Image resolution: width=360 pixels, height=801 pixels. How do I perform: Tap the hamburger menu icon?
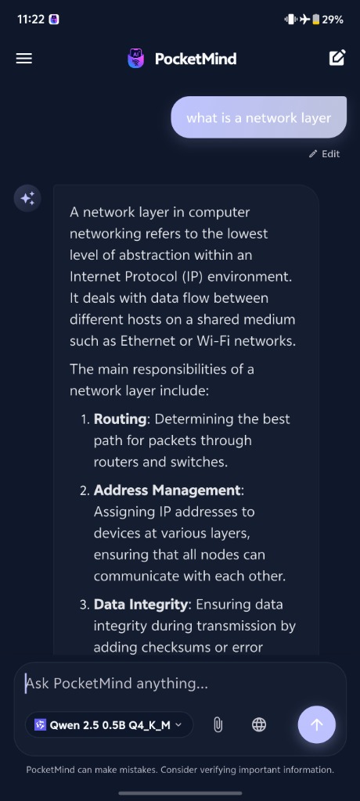coord(24,59)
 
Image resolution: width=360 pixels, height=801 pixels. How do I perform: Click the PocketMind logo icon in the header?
coord(135,59)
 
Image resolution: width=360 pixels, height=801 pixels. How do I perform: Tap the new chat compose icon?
coord(337,58)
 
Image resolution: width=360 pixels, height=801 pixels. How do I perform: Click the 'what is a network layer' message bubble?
coord(259,117)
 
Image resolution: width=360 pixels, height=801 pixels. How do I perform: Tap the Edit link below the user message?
coord(324,154)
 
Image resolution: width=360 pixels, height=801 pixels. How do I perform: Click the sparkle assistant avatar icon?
coord(27,198)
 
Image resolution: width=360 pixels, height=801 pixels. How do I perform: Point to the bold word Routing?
coord(121,419)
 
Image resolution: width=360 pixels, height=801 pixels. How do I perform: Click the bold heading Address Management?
coord(167,490)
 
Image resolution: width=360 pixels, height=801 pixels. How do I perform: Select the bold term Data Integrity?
coord(141,605)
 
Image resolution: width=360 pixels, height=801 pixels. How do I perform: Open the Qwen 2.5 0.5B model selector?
coord(109,724)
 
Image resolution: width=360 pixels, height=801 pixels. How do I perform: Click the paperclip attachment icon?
coord(218,724)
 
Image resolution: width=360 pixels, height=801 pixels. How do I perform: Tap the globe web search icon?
coord(259,724)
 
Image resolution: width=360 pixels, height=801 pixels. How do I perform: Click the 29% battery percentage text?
coord(333,20)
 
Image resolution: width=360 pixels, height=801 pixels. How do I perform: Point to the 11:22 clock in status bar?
coord(31,20)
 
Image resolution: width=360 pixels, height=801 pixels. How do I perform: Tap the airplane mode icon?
coord(304,20)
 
